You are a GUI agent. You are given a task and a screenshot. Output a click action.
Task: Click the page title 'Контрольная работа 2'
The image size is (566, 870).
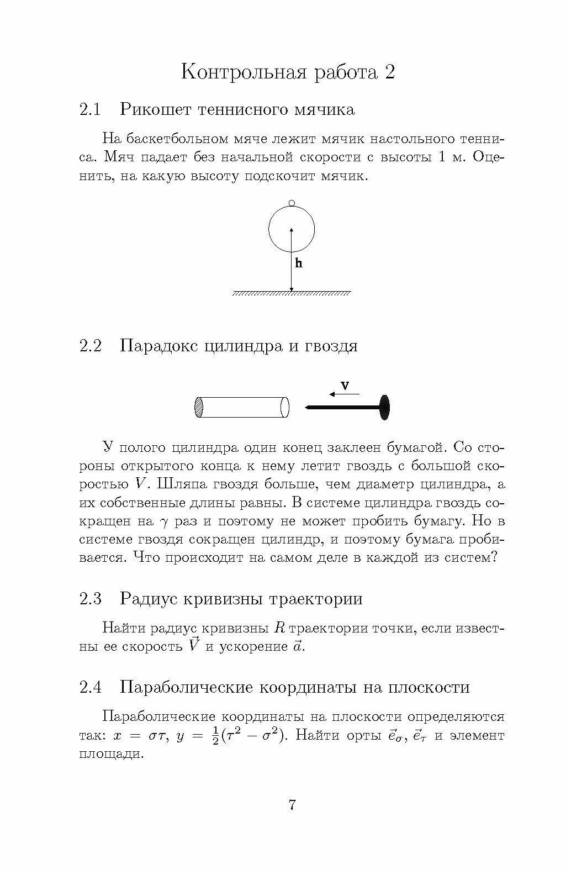pyautogui.click(x=288, y=72)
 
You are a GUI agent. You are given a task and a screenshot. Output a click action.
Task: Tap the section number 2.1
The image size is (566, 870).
pyautogui.click(x=90, y=109)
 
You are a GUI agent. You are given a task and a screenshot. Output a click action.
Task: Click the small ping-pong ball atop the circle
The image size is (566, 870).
pyautogui.click(x=292, y=202)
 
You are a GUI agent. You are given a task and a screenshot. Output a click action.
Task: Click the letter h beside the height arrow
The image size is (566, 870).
pyautogui.click(x=299, y=263)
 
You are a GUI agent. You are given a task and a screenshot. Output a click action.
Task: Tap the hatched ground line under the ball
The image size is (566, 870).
pyautogui.click(x=292, y=293)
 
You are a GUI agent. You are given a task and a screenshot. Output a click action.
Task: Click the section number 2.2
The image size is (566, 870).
pyautogui.click(x=91, y=346)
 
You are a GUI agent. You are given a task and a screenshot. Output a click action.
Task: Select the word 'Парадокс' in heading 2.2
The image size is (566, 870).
pyautogui.click(x=160, y=346)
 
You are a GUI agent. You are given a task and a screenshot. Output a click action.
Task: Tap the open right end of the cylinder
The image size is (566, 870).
pyautogui.click(x=285, y=408)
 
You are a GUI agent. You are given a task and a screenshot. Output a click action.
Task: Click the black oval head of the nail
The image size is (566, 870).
pyautogui.click(x=385, y=407)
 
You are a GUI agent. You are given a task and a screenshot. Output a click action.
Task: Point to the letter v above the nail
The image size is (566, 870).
pyautogui.click(x=345, y=386)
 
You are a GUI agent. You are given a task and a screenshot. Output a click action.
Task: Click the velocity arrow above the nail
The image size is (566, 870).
pyautogui.click(x=343, y=394)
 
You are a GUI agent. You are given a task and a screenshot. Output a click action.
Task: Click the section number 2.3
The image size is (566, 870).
pyautogui.click(x=91, y=599)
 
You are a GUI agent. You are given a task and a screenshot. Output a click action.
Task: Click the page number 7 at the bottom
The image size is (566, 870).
pyautogui.click(x=292, y=804)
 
